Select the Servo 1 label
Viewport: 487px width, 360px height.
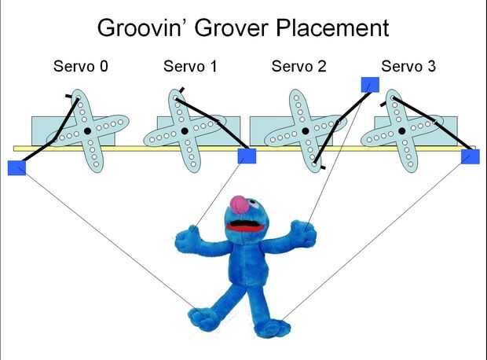point(191,66)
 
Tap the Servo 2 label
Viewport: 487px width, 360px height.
point(299,66)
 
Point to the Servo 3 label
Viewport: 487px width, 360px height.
point(408,66)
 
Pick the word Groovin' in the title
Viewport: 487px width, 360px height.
point(144,28)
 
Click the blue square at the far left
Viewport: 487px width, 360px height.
point(16,167)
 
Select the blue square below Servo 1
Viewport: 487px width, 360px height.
point(247,156)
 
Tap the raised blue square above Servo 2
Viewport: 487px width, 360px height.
point(369,85)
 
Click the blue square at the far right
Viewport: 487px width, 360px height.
point(470,156)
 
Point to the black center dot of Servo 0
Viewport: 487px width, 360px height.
point(86,130)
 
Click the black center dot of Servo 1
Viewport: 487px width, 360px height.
point(185,130)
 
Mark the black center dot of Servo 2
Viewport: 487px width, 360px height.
point(299,130)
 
